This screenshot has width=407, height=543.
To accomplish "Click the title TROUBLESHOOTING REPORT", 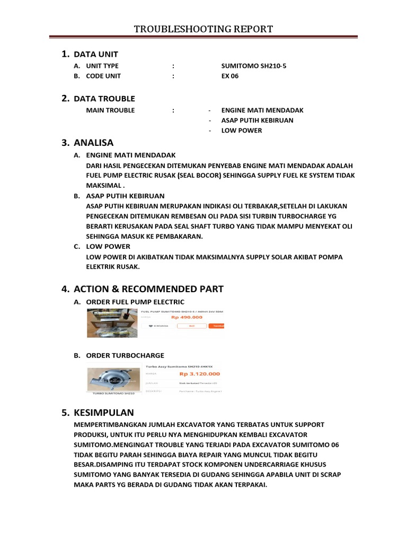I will click(203, 29).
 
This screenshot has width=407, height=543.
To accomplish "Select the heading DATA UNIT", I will click(95, 54).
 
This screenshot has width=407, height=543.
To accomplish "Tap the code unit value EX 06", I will click(230, 76).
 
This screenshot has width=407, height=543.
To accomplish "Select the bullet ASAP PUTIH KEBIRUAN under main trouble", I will click(257, 120).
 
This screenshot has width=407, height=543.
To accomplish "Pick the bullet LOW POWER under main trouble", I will click(241, 130).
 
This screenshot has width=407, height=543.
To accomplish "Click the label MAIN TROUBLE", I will click(110, 110).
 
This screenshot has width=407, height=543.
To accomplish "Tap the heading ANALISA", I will click(93, 143).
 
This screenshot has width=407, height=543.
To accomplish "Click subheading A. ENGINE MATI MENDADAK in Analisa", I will click(130, 155).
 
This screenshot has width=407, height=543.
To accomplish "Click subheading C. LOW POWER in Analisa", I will click(108, 247).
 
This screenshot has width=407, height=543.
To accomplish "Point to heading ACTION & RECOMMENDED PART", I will click(148, 289).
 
